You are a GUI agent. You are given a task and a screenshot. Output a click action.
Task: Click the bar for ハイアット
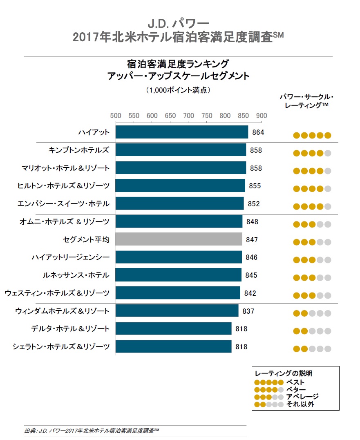[x=182, y=132]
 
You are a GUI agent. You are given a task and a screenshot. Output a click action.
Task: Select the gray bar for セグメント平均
[x=179, y=239]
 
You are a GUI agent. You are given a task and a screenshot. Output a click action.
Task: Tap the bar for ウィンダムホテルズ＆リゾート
[x=177, y=310]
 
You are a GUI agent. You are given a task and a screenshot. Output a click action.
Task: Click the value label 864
[x=258, y=132]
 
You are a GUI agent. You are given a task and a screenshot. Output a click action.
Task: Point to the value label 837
[x=248, y=311]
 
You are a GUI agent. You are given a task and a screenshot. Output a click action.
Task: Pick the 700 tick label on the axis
[x=188, y=116]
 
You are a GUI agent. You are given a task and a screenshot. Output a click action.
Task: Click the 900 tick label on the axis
[x=262, y=116]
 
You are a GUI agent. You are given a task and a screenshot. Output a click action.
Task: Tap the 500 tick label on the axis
[x=116, y=116]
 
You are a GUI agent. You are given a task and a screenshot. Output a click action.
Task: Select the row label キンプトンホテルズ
[x=79, y=150]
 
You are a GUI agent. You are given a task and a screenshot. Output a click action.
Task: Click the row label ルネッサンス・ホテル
[x=76, y=275]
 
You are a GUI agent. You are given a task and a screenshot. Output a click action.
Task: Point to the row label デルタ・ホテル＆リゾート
[x=70, y=328]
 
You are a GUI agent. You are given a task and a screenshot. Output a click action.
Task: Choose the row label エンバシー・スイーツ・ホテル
[x=63, y=204]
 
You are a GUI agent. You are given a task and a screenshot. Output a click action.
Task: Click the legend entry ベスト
[x=295, y=382]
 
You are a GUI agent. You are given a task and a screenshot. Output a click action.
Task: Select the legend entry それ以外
[x=300, y=404]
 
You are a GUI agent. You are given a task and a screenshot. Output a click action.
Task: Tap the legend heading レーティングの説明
[x=284, y=373]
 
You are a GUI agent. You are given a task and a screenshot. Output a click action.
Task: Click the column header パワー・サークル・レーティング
[x=307, y=101]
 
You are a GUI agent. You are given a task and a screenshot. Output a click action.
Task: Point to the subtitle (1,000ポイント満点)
[x=178, y=90]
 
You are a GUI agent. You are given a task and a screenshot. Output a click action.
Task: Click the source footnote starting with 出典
[x=92, y=431]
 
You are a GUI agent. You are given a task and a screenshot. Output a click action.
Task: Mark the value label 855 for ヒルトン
[x=255, y=186]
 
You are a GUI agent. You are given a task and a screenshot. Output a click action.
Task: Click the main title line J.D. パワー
[x=178, y=24]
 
